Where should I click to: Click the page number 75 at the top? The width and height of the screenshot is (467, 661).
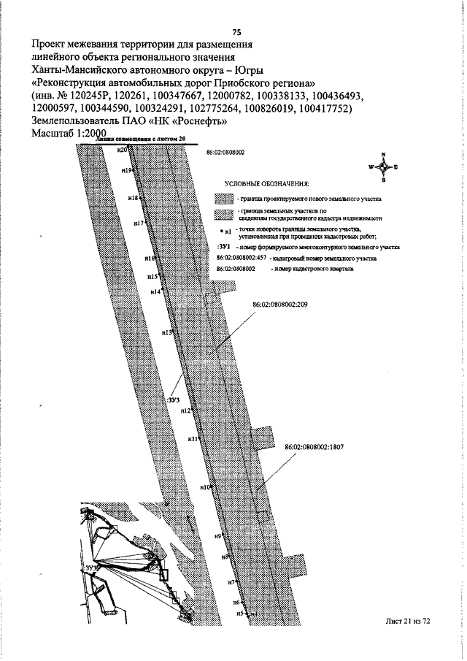(x=236, y=32)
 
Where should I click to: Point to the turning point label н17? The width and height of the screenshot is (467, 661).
(x=139, y=223)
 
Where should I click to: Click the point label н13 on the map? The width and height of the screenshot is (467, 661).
(x=166, y=332)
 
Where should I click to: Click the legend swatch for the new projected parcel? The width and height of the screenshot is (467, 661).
(x=223, y=199)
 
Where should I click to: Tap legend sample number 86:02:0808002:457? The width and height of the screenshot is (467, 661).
(x=242, y=259)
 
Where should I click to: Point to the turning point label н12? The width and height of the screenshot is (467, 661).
(x=185, y=411)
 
